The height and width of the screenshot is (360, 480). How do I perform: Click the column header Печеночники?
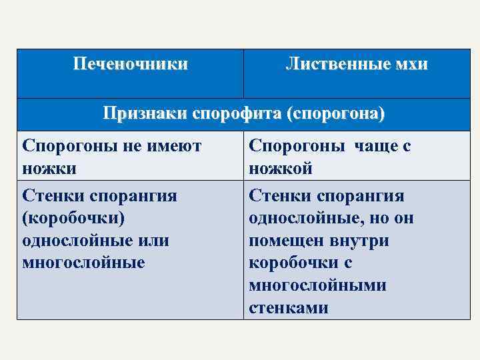pos(130,65)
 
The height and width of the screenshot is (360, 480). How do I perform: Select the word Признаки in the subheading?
pos(145,114)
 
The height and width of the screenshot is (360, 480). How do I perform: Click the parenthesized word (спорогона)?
pos(335,114)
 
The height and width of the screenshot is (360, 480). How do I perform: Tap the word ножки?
pos(49,169)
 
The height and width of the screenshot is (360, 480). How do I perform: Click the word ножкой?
pos(281,169)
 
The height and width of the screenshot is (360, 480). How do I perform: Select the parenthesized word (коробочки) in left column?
pos(73,217)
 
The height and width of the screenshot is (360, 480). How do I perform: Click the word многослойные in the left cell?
pos(83,263)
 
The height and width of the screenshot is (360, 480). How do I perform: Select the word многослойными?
pos(317,285)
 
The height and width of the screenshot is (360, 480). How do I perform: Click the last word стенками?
pos(289,308)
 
